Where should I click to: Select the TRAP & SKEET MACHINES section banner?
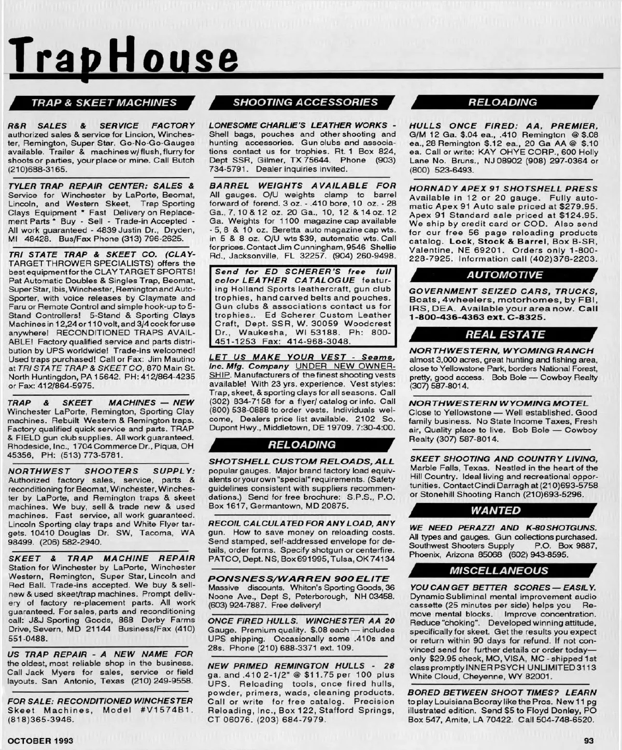point(104,103)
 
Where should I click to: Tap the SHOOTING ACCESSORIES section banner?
point(305,102)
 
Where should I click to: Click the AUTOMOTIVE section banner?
point(504,275)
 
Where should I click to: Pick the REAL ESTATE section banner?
point(504,335)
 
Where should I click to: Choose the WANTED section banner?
point(496,510)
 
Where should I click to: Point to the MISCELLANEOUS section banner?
point(499,570)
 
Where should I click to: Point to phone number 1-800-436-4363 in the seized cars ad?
point(445,316)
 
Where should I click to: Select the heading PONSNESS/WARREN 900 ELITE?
point(299,579)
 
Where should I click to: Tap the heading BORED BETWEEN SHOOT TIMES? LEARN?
point(502,693)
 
